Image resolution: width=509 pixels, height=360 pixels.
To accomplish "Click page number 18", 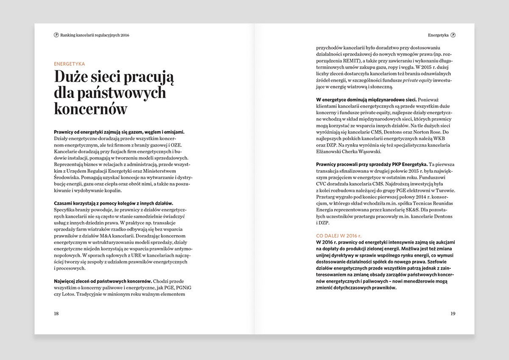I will [x=56, y=314].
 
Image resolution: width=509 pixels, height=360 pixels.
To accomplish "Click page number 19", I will [x=453, y=314].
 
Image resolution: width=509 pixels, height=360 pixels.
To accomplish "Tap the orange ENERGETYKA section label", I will [x=70, y=64].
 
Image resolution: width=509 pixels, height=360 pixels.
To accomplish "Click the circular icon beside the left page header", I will [x=56, y=35].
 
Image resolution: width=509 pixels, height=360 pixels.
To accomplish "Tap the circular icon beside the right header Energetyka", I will [x=453, y=35].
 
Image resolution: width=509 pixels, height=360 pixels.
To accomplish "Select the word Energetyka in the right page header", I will [x=438, y=35].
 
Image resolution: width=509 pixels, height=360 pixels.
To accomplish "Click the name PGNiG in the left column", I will [x=180, y=287].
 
